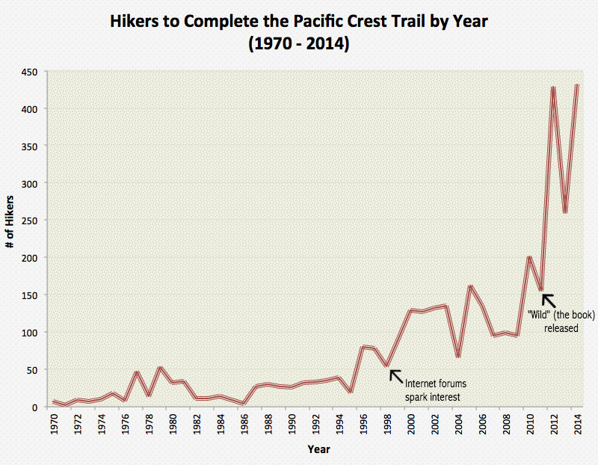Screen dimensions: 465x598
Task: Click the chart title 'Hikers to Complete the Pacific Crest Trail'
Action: (x=299, y=22)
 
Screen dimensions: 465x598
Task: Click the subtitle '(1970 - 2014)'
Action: (x=299, y=45)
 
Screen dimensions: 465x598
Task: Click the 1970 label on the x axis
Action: (x=53, y=424)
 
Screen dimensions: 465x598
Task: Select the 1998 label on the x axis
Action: (x=386, y=424)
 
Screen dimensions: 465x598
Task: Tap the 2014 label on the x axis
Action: (x=577, y=424)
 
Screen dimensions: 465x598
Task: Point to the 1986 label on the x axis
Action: (x=244, y=424)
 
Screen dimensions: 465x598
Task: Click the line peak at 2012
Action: (x=553, y=87)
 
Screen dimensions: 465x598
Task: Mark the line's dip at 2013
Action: (x=565, y=212)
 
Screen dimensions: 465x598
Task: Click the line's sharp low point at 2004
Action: (x=458, y=357)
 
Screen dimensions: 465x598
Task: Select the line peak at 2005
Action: (x=470, y=286)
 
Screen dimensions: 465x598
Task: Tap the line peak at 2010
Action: (x=529, y=257)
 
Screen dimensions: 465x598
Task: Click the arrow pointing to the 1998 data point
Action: (x=396, y=374)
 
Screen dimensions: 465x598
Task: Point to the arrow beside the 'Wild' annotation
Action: (x=550, y=301)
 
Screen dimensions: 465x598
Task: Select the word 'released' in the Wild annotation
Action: (x=561, y=327)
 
